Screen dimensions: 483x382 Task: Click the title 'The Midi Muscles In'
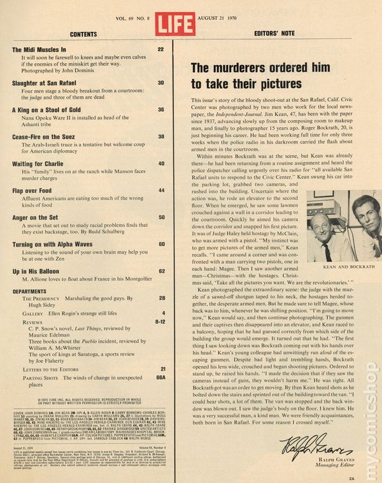click(39, 48)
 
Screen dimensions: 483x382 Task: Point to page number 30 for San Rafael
click(161, 83)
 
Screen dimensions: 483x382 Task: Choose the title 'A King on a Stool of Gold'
click(48, 110)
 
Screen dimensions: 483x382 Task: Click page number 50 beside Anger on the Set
click(161, 217)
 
